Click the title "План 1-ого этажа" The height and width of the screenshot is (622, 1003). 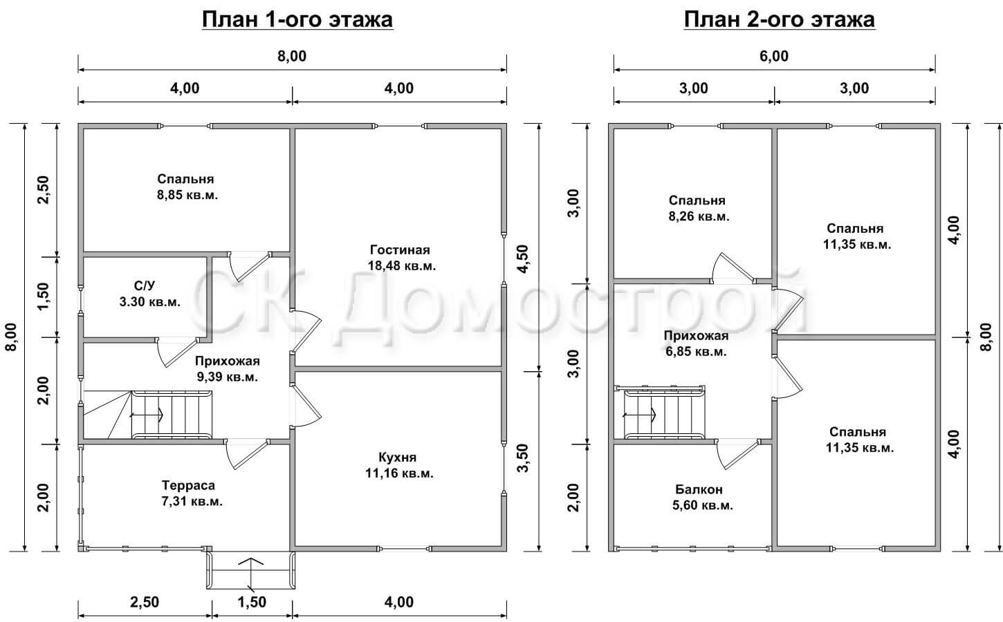click(x=297, y=19)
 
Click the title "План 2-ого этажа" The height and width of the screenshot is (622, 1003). click(x=779, y=19)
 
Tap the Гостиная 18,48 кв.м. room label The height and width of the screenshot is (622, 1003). click(x=402, y=258)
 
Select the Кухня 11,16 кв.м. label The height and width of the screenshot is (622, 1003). click(x=399, y=465)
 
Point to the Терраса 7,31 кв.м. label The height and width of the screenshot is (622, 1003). click(x=192, y=493)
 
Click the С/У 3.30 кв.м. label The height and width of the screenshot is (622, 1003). click(x=149, y=294)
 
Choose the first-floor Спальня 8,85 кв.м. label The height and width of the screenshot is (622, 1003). click(x=187, y=187)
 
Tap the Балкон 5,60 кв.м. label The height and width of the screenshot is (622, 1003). click(x=703, y=497)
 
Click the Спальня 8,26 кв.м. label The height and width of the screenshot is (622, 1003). click(x=699, y=208)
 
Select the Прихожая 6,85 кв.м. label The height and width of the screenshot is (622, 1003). click(x=697, y=343)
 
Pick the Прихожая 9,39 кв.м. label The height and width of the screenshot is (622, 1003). click(x=228, y=369)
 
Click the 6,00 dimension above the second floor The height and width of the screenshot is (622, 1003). click(x=774, y=56)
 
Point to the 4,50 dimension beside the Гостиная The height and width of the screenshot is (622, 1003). click(x=522, y=259)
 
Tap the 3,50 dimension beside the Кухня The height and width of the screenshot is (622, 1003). click(x=522, y=458)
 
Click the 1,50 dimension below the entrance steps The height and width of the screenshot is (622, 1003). click(x=252, y=603)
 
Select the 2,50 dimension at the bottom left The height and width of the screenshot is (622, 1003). click(x=145, y=603)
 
